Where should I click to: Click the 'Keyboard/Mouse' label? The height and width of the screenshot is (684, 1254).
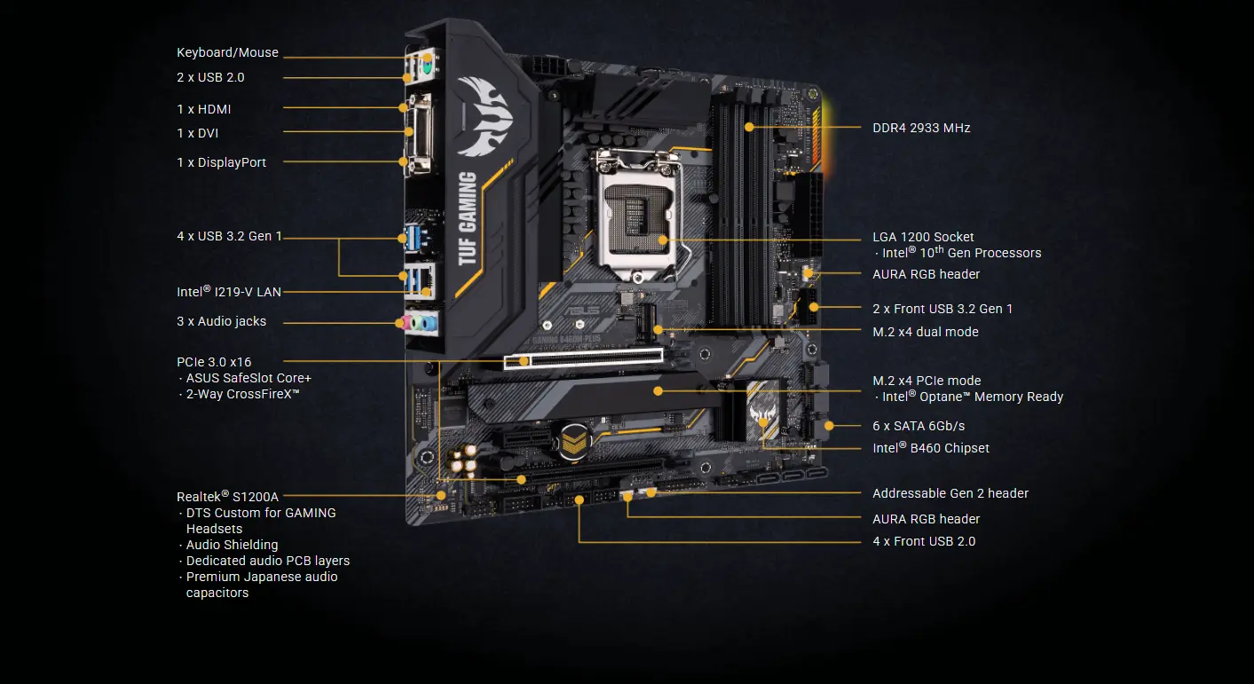tap(227, 53)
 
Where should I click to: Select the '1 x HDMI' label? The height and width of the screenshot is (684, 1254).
tap(204, 109)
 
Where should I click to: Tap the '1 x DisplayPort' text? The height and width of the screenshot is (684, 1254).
tap(221, 162)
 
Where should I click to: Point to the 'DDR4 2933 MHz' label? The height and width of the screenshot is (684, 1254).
tap(921, 128)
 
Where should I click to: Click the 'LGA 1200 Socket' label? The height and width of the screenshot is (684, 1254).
tap(923, 237)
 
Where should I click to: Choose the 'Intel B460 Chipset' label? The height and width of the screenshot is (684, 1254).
tap(931, 448)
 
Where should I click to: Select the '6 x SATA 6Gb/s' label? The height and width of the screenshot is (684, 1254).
tap(919, 426)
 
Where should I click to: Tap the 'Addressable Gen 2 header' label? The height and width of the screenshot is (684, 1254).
tap(950, 493)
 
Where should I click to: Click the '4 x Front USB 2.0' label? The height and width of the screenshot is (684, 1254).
tap(924, 541)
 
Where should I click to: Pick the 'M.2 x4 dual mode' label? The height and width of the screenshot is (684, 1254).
tap(926, 332)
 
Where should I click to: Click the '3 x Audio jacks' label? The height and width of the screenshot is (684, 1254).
tap(221, 321)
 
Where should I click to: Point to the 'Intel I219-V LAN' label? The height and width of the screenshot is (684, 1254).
tap(229, 291)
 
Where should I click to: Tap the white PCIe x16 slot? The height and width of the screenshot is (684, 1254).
tap(583, 358)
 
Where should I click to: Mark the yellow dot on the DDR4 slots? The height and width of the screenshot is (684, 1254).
tap(749, 127)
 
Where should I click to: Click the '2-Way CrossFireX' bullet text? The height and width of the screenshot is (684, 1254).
tap(242, 393)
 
